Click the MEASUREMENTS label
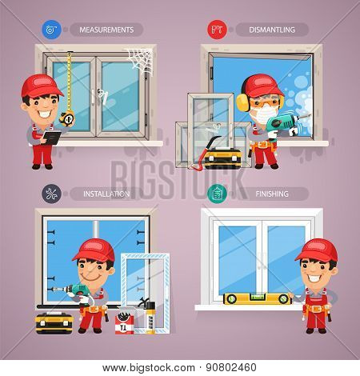point(106,30)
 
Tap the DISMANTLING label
point(272,30)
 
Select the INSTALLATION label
point(106,194)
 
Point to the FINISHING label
point(272,194)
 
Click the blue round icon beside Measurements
point(51,30)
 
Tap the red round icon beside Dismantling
point(217,30)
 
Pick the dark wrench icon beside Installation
point(51,194)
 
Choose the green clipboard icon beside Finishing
point(217,194)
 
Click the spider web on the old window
point(139,62)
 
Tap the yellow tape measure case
point(67,118)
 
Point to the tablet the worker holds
point(52,138)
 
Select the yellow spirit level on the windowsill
point(257,298)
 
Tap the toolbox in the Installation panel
point(54,323)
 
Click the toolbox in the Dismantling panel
point(222,158)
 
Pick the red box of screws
point(124,324)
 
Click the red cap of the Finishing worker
point(317,250)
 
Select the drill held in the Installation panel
point(75,291)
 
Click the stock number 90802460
point(231,368)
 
